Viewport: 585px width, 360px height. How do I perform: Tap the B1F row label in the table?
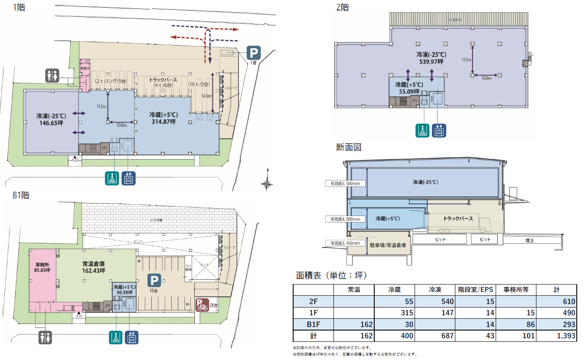(313, 324)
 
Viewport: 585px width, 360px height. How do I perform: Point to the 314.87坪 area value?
(163, 122)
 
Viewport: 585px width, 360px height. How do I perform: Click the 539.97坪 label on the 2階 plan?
(431, 62)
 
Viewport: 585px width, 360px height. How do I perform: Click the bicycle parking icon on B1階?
(202, 305)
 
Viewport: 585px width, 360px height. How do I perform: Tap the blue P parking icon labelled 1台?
(254, 53)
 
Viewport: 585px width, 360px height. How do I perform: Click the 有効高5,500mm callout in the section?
(345, 183)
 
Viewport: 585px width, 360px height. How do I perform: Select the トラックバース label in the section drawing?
(458, 219)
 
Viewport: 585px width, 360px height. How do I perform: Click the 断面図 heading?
(348, 147)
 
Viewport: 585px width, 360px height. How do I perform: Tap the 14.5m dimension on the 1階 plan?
(206, 96)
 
